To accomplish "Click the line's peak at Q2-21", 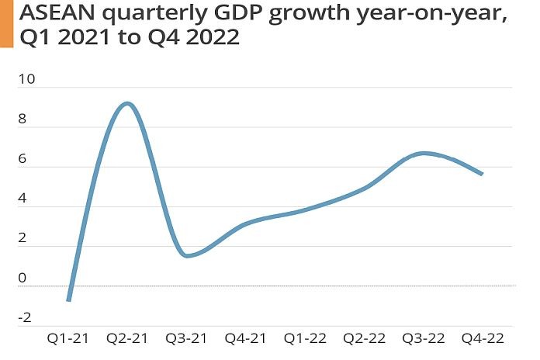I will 128,103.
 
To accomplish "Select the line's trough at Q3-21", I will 189,256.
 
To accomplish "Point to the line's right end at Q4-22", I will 482,174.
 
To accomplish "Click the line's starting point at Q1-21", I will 69,299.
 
